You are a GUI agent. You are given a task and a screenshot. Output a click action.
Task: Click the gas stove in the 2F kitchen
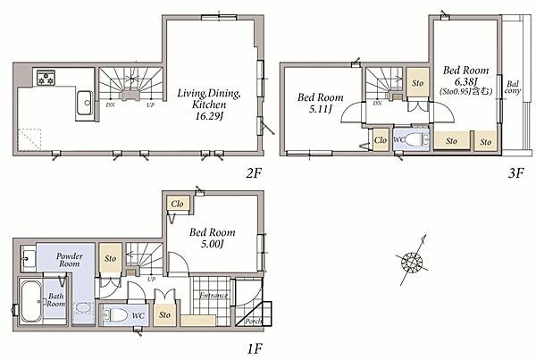(x=46, y=78)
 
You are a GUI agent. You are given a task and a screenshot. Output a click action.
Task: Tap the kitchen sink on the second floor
(x=84, y=103)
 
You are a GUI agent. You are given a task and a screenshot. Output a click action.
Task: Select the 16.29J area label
(x=209, y=116)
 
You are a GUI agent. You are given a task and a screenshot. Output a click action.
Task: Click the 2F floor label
(x=254, y=173)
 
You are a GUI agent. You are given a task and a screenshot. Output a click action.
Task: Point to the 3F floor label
(x=515, y=173)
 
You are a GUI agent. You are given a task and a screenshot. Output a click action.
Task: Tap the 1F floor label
(x=255, y=349)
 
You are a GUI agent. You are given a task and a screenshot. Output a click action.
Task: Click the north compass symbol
(x=412, y=263)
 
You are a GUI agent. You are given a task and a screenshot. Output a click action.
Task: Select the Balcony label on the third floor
(x=513, y=88)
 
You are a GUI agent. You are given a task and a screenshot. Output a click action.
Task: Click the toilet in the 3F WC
(x=415, y=140)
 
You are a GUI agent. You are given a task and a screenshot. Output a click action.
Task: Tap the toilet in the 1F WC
(x=115, y=314)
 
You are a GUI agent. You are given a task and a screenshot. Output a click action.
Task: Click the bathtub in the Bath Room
(x=31, y=302)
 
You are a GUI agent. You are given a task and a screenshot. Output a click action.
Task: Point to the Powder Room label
(x=70, y=260)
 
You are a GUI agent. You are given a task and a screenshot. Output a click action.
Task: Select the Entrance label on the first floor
(x=214, y=296)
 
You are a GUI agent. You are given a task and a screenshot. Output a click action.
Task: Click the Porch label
(x=253, y=321)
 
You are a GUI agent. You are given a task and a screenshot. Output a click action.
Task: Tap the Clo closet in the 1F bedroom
(x=178, y=204)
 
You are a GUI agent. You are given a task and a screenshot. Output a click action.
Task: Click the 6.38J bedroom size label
(x=465, y=81)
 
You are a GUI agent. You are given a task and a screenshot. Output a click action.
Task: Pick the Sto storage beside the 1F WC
(x=164, y=314)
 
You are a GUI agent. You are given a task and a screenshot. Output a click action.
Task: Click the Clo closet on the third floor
(x=381, y=140)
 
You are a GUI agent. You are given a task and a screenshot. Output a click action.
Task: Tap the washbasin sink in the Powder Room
(x=29, y=258)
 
